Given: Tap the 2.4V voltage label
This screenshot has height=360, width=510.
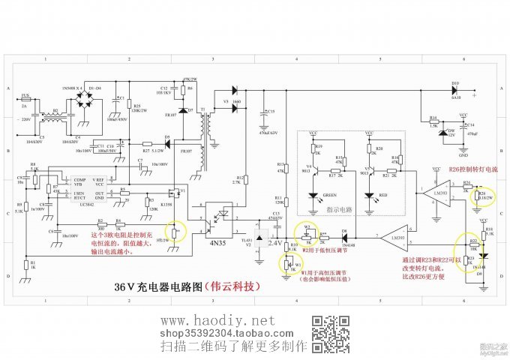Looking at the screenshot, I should [x=275, y=244].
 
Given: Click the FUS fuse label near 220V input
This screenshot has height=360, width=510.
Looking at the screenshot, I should [x=25, y=95].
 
